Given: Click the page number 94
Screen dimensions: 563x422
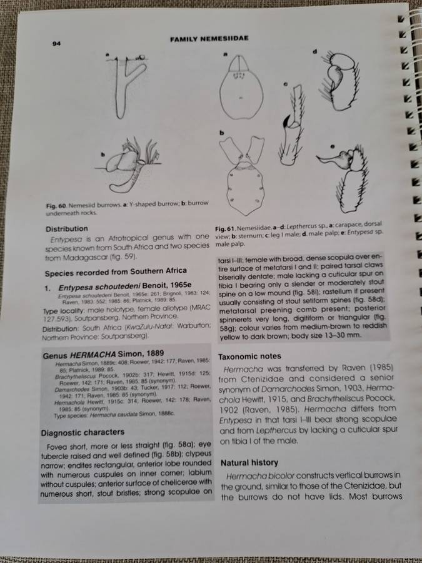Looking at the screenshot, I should click(56, 43).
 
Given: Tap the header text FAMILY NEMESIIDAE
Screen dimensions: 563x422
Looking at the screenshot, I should click(209, 39).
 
